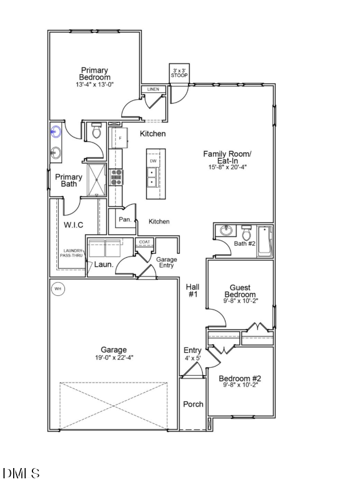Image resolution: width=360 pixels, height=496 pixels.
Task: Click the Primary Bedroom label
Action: pyautogui.click(x=95, y=74)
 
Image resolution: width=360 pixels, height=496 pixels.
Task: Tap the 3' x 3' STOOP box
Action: pyautogui.click(x=179, y=72)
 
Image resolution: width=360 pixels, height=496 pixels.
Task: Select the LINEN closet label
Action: pyautogui.click(x=153, y=90)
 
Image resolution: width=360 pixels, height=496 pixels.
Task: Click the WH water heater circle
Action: pyautogui.click(x=58, y=289)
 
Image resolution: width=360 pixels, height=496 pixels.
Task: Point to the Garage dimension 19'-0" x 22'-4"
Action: pyautogui.click(x=114, y=357)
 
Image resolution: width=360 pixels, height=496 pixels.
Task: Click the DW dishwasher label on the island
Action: pyautogui.click(x=153, y=161)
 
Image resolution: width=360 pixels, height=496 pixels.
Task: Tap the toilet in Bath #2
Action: pyautogui.click(x=247, y=234)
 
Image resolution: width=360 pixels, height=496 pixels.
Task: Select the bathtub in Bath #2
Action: pyautogui.click(x=265, y=241)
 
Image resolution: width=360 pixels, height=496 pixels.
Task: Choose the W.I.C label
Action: pyautogui.click(x=73, y=225)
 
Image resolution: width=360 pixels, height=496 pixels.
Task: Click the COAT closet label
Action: pyautogui.click(x=144, y=242)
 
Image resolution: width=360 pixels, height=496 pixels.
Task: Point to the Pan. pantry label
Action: pyautogui.click(x=125, y=219)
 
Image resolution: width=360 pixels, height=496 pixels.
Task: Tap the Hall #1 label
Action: pyautogui.click(x=192, y=291)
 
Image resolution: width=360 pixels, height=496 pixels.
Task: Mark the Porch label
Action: pyautogui.click(x=193, y=404)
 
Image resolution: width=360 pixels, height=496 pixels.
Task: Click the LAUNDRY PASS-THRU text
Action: pyautogui.click(x=72, y=253)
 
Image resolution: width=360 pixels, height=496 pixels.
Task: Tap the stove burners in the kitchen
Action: pyautogui.click(x=116, y=178)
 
